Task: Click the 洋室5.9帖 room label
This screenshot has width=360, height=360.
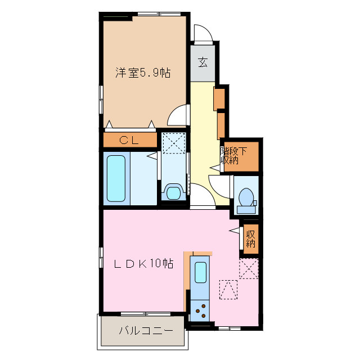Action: point(143,73)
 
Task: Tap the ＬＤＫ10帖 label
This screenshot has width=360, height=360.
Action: point(144,264)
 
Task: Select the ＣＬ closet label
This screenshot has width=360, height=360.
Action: point(129,139)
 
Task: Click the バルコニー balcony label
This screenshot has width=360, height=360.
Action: point(142,331)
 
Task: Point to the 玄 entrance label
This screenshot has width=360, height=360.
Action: point(202,62)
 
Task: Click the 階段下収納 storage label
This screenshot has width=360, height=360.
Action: point(233,155)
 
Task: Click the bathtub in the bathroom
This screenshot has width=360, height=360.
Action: point(116,178)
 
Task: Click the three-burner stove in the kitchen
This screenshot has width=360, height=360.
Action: point(200,308)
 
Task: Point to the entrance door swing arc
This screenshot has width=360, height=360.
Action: point(204,34)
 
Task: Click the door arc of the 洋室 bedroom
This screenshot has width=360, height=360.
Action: point(179,116)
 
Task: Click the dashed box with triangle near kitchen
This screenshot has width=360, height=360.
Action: point(228,290)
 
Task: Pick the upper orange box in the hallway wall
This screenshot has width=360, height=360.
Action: point(219,99)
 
